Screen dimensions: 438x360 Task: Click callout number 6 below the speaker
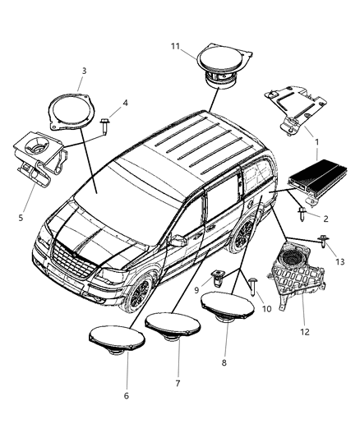[x=126, y=395]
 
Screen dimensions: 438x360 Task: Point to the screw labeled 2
[x=303, y=215]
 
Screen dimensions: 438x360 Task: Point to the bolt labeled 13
[x=326, y=242]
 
